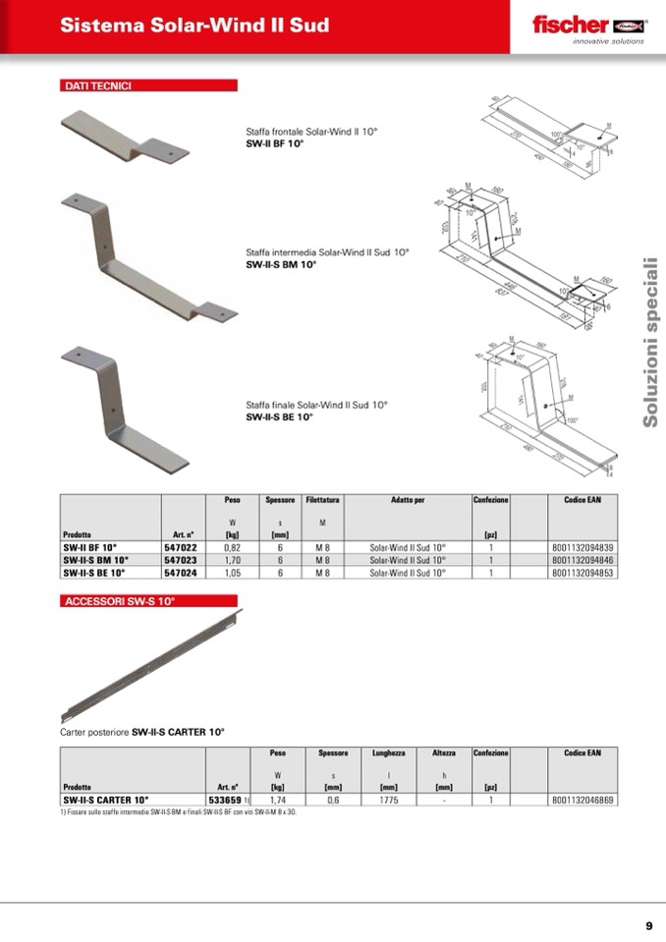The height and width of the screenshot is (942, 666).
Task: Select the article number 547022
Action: tap(179, 547)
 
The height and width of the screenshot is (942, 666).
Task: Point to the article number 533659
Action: tap(226, 800)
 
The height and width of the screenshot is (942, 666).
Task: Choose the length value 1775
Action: tap(388, 800)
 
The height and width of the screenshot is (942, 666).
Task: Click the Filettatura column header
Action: tap(322, 500)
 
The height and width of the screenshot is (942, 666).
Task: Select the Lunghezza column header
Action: tap(388, 753)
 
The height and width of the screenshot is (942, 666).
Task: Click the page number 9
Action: tap(648, 925)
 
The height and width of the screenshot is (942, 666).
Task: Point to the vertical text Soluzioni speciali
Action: tap(649, 342)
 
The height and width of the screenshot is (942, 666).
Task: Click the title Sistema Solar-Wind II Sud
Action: tap(194, 26)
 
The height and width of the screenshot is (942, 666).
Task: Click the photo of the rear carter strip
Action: tap(152, 663)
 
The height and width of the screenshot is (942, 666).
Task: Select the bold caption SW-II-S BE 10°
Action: tap(279, 416)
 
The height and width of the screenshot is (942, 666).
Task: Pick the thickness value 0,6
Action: tap(333, 800)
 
